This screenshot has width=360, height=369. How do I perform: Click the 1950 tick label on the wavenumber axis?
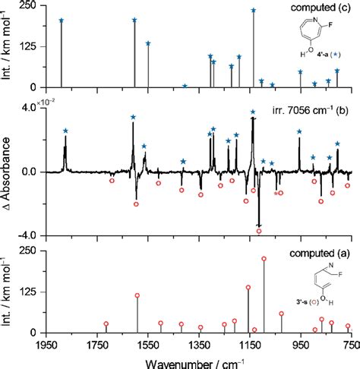(x=47, y=345)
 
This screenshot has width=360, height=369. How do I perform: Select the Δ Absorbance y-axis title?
(x=8, y=172)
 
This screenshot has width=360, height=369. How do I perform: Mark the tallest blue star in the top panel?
(x=253, y=11)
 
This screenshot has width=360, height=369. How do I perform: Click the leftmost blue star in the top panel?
(x=62, y=20)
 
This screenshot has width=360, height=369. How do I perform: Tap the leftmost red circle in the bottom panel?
(x=106, y=324)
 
